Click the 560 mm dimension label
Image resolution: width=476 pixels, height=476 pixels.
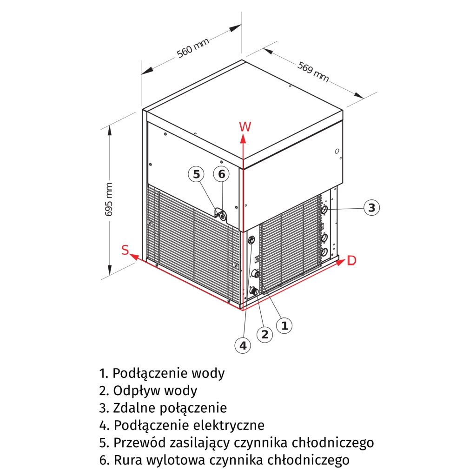(x=193, y=47)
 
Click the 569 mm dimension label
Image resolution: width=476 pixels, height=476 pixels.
(x=313, y=72)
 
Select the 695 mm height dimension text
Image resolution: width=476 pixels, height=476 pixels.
(x=109, y=198)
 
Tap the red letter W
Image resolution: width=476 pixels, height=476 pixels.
(x=245, y=126)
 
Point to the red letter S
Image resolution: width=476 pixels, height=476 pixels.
(x=125, y=250)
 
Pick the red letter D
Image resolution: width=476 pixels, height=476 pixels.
(x=351, y=261)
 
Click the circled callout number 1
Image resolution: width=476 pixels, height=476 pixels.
(x=284, y=325)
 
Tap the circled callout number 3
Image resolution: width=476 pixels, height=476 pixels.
(x=371, y=207)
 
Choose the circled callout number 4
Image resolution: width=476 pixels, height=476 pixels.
(x=242, y=345)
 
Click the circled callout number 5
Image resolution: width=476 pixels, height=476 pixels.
(x=197, y=174)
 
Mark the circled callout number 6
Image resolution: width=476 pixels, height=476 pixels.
(x=221, y=174)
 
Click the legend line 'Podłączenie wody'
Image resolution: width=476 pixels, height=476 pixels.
(x=162, y=373)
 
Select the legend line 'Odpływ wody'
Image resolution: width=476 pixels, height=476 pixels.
(x=148, y=390)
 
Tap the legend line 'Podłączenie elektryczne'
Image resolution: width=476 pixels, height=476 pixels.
(x=182, y=425)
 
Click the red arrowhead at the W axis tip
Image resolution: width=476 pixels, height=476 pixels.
(x=243, y=138)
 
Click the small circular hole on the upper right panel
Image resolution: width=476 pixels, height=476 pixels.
(x=337, y=152)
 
